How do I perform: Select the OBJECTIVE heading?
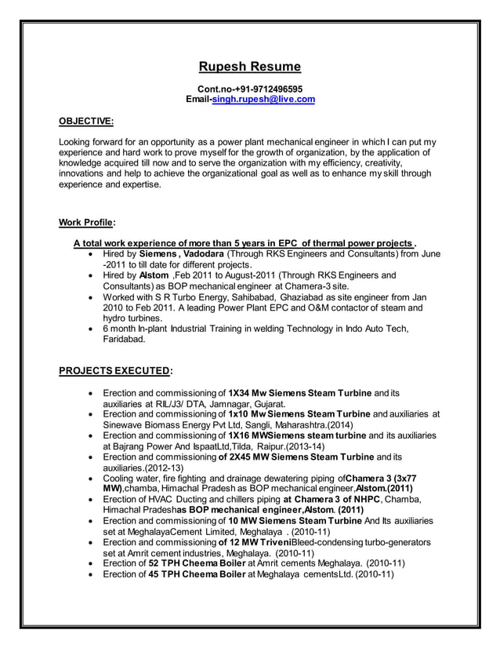click(86, 122)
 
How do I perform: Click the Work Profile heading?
click(87, 222)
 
